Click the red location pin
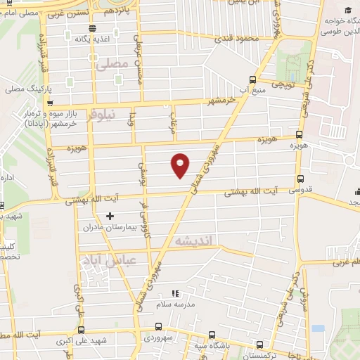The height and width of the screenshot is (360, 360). click(x=181, y=165)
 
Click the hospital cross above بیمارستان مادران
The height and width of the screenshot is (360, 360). click(x=109, y=216)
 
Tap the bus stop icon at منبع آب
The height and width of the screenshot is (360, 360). click(x=252, y=80)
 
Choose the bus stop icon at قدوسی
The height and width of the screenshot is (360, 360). click(x=302, y=179)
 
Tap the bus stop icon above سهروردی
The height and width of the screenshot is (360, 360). click(x=157, y=326)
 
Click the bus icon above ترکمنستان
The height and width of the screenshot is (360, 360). click(x=261, y=345)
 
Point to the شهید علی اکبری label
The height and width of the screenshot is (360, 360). click(x=103, y=342)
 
